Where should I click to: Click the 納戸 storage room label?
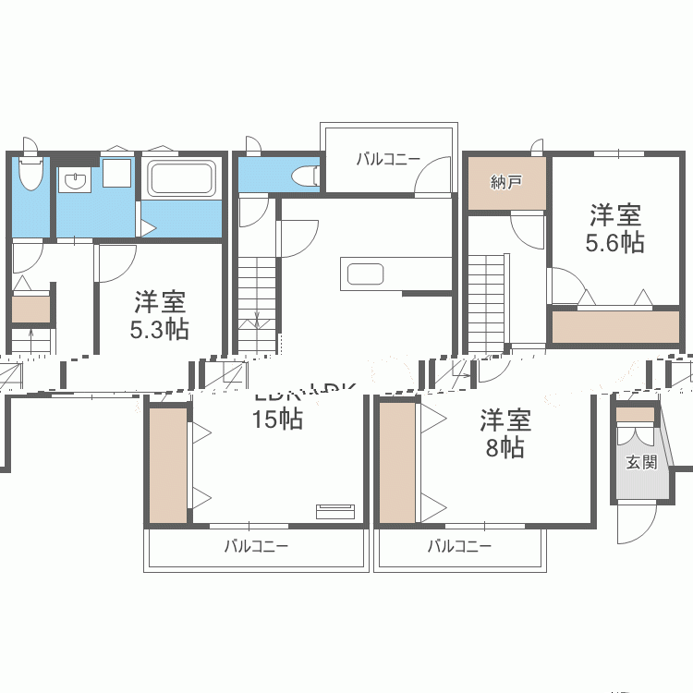[505, 182]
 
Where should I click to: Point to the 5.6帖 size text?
[615, 243]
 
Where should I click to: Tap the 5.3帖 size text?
[160, 329]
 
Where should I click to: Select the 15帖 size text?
[277, 419]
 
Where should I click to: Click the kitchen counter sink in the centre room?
[364, 274]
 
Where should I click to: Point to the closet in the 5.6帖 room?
[614, 325]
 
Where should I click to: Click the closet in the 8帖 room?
[397, 461]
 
